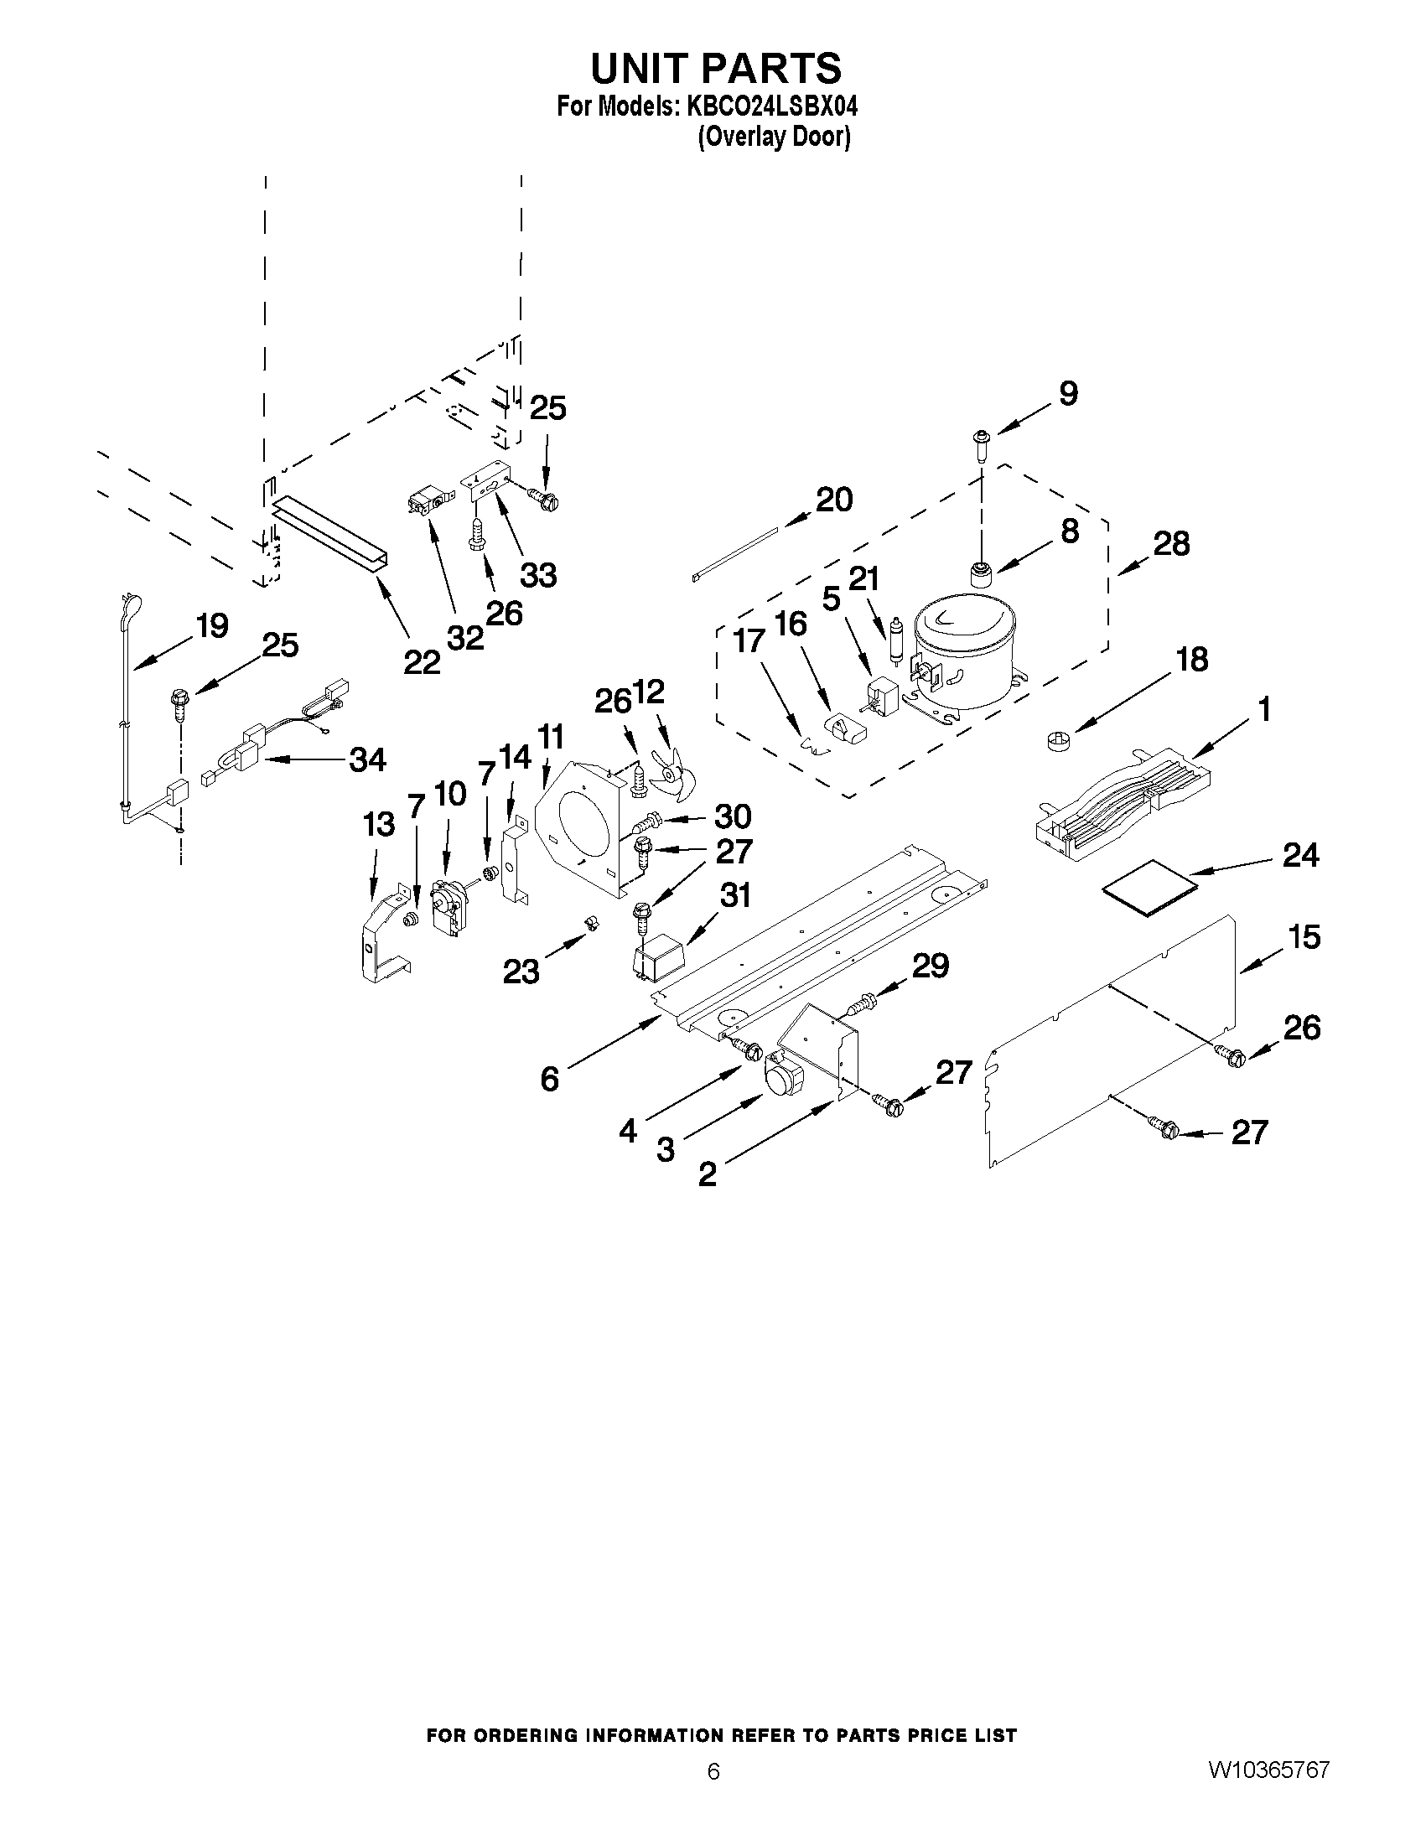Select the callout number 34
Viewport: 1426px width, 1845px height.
click(368, 759)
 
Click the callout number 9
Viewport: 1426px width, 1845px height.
click(1069, 393)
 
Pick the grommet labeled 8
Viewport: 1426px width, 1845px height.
click(981, 573)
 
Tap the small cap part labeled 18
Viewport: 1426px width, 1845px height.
click(1056, 739)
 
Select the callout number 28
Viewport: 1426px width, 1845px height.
click(1172, 543)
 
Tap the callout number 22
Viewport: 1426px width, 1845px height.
click(421, 662)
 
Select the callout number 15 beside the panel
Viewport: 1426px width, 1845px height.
click(1304, 936)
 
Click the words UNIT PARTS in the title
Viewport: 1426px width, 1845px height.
click(716, 68)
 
